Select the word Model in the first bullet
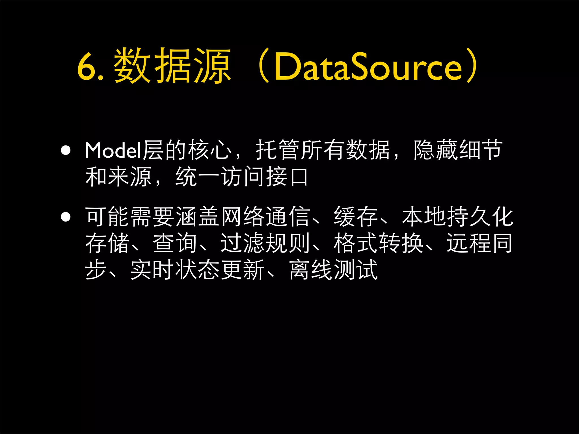click(x=113, y=150)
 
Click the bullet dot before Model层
click(x=66, y=151)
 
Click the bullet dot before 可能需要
click(x=66, y=217)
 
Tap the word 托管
click(x=278, y=150)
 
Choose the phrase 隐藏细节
click(x=458, y=150)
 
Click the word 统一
click(x=197, y=177)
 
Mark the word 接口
click(x=287, y=177)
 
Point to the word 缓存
click(x=356, y=217)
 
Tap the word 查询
click(x=175, y=243)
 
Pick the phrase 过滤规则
click(x=265, y=243)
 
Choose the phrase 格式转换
click(x=378, y=243)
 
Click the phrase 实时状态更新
click(x=197, y=270)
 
